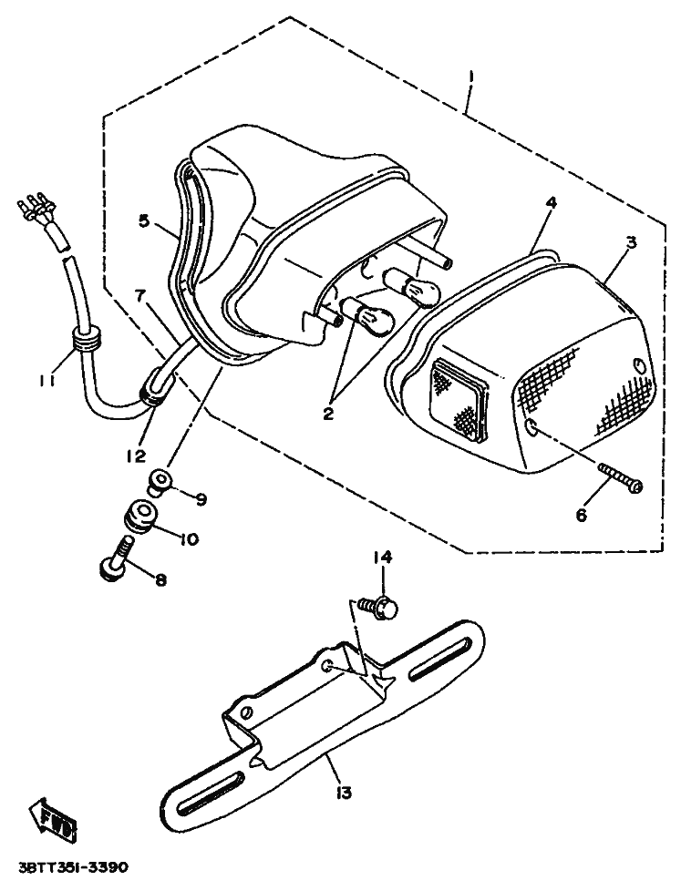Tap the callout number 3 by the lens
(x=631, y=244)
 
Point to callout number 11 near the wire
(x=48, y=381)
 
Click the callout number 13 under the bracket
(x=343, y=793)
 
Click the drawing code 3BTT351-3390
(x=73, y=865)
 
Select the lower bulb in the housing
(x=372, y=319)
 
